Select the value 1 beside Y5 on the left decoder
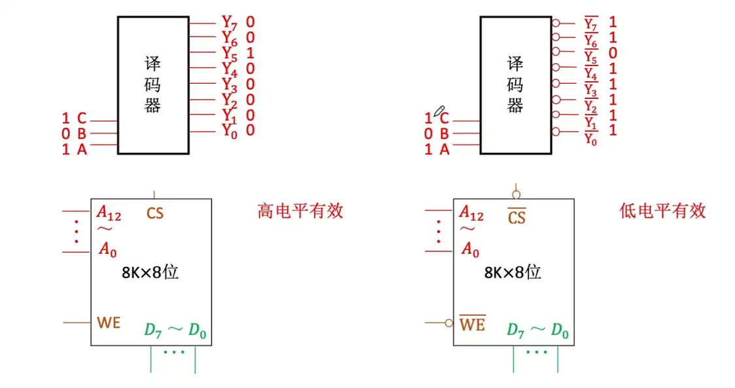(x=250, y=52)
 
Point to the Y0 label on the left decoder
(x=229, y=131)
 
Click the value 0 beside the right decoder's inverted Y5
(x=613, y=53)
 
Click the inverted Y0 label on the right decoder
(x=591, y=138)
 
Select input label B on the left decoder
(x=82, y=134)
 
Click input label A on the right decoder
(x=445, y=150)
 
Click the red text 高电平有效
(x=300, y=211)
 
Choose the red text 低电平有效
(x=662, y=211)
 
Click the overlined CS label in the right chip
(x=517, y=217)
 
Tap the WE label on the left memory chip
(x=109, y=323)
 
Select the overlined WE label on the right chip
(x=472, y=323)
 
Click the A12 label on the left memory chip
(x=109, y=212)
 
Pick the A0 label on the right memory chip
(x=470, y=249)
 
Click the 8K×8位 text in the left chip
(x=150, y=272)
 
